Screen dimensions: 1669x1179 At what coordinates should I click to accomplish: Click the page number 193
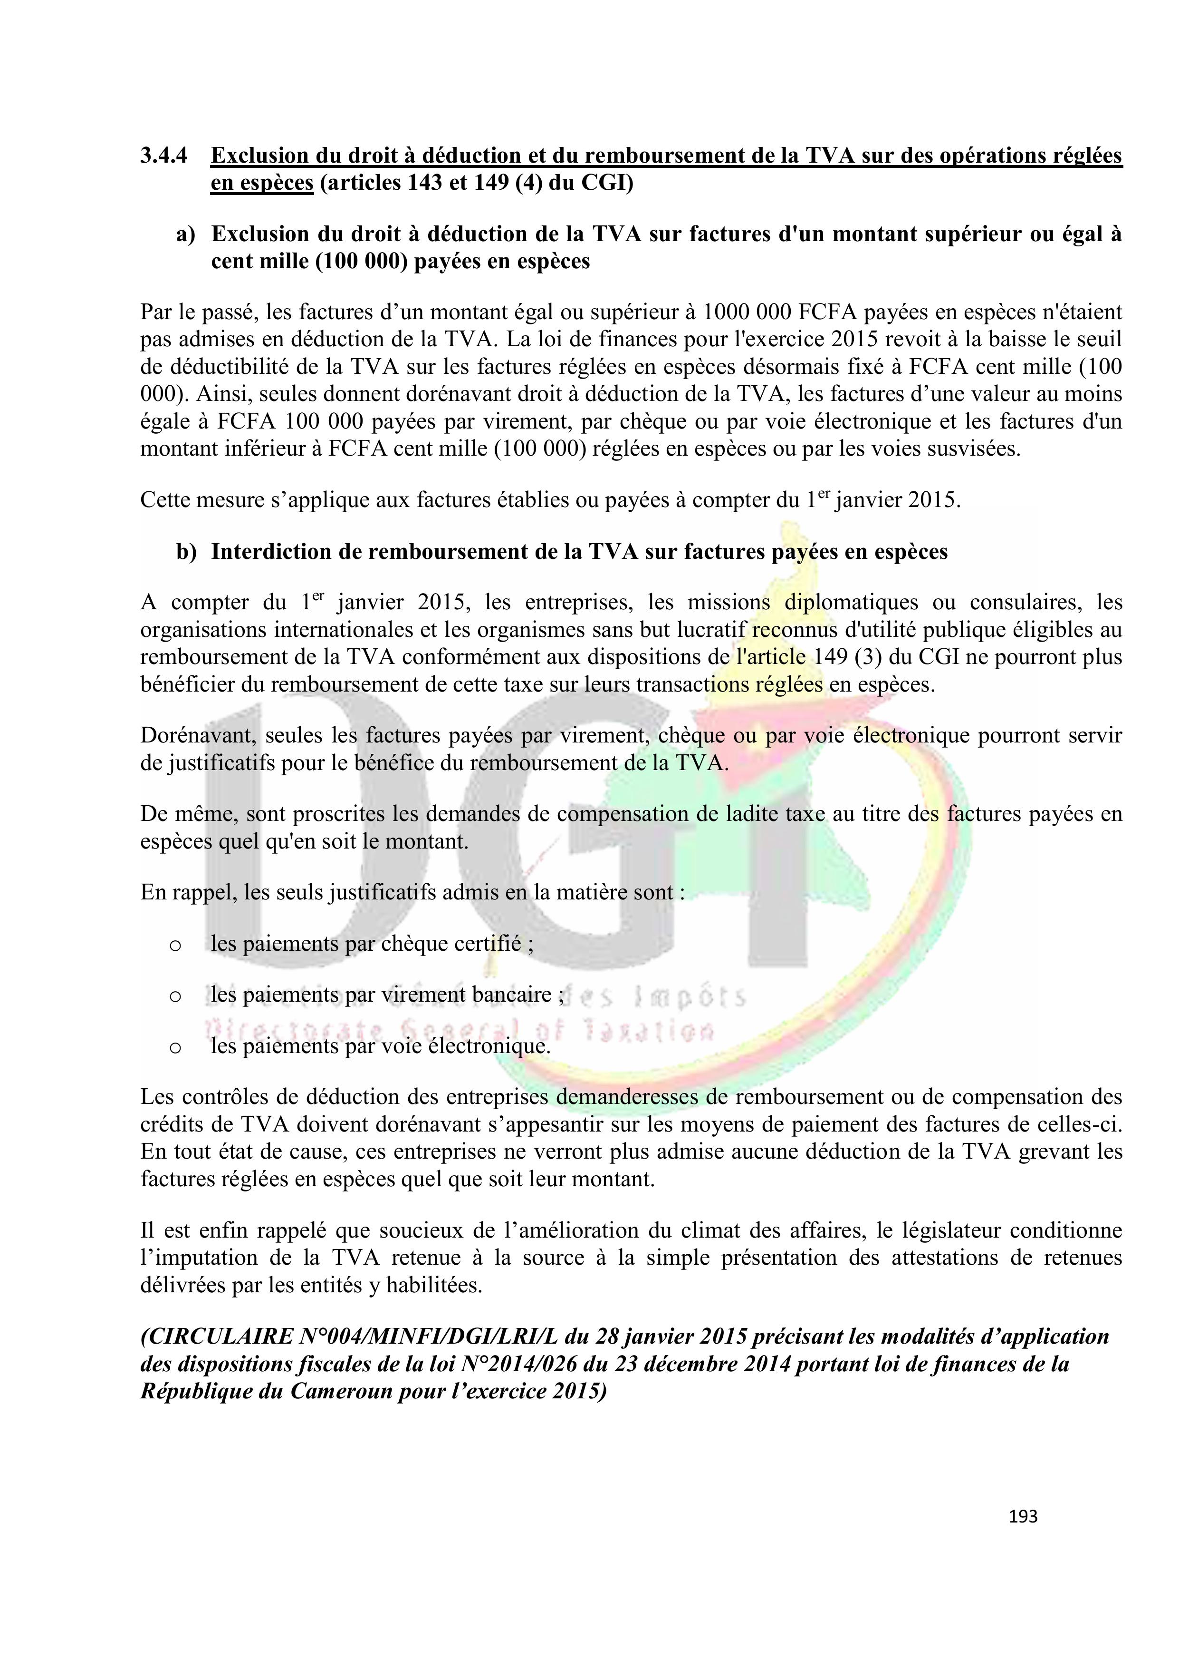click(x=1023, y=1516)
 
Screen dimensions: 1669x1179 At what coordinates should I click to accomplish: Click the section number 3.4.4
click(x=164, y=156)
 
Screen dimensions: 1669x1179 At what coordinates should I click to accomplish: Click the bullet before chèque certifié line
click(x=174, y=946)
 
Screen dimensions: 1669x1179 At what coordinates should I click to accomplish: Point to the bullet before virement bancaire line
click(x=174, y=996)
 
